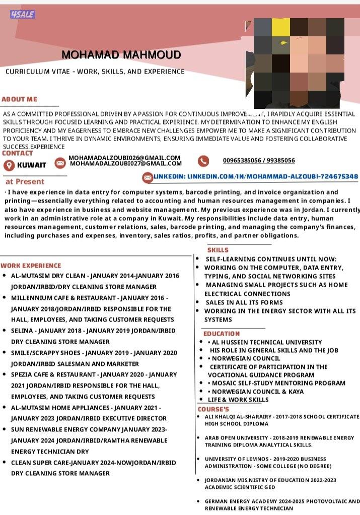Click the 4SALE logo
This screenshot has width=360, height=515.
tap(22, 14)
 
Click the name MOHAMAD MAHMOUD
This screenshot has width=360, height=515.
tap(121, 54)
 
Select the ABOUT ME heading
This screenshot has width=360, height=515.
tap(19, 99)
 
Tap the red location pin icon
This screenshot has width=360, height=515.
tap(9, 165)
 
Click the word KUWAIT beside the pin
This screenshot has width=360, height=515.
tap(32, 165)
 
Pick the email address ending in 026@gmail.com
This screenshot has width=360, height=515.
tap(124, 158)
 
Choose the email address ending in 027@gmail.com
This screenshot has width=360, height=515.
tap(126, 163)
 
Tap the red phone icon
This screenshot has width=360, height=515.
tap(203, 161)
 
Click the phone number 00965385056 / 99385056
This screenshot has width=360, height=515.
tap(259, 161)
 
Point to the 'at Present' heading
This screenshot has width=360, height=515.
tap(25, 181)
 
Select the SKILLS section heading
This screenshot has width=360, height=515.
tap(218, 250)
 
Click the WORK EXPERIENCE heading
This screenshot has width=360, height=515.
tap(31, 266)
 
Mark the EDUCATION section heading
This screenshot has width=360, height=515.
tap(222, 334)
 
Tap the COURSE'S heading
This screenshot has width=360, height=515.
tap(213, 409)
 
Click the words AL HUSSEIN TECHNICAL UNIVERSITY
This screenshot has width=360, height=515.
tap(267, 342)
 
